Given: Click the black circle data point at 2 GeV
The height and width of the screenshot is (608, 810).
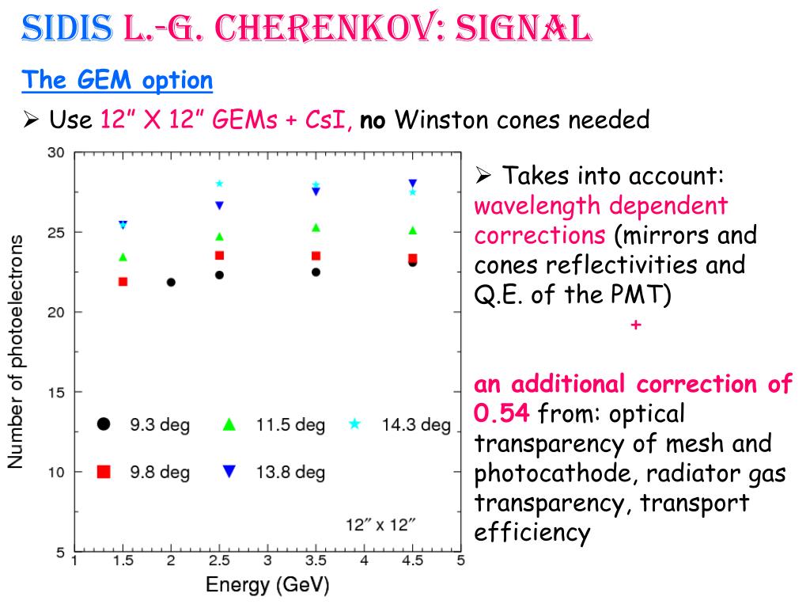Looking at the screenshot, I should [x=171, y=282].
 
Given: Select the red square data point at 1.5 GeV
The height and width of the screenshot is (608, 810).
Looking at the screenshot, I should [x=123, y=281].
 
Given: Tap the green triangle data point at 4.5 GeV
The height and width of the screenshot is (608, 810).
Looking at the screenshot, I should [x=412, y=230].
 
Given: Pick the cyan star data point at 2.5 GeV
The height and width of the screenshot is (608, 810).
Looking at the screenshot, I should [x=220, y=184].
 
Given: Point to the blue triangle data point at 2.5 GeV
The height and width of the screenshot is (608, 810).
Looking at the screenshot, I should [x=220, y=206].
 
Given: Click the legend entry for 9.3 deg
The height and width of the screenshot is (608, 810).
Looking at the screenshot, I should [x=143, y=425].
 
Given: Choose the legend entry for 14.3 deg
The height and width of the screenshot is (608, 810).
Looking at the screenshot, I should [x=399, y=425].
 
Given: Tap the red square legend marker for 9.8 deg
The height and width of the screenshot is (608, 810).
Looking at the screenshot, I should [x=103, y=472].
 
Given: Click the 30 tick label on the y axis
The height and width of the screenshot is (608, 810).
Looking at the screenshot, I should [x=55, y=153].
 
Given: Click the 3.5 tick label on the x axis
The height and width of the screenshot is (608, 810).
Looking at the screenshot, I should [x=316, y=561].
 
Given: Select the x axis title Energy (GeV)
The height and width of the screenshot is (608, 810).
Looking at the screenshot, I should [x=267, y=586].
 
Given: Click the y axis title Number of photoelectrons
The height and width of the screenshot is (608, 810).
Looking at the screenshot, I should [x=16, y=351].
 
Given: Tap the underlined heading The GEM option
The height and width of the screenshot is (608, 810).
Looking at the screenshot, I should [x=117, y=80].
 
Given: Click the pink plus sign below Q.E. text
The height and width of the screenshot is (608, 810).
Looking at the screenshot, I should [x=635, y=325].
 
